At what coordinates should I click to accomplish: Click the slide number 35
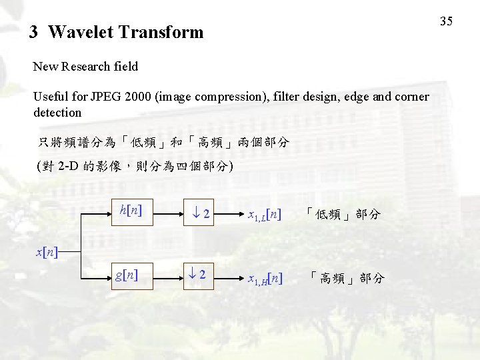[x=447, y=21]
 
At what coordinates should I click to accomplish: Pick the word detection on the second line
[x=57, y=113]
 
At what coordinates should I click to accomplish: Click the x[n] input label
[x=46, y=252]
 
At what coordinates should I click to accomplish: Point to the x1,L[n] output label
[x=264, y=215]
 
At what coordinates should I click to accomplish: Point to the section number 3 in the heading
[x=33, y=32]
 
